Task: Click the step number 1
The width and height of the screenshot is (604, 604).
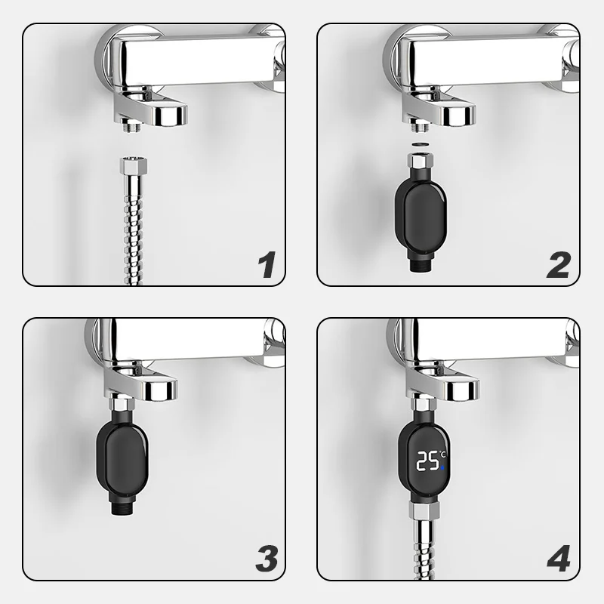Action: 267,264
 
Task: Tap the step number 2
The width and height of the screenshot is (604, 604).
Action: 559,265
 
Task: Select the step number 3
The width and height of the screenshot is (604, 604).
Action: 267,558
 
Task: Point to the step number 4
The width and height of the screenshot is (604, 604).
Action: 559,558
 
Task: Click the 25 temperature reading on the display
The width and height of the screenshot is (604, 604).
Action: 427,461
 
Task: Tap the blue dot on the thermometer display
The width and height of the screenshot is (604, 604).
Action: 442,467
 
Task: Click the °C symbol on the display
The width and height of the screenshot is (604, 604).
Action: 442,455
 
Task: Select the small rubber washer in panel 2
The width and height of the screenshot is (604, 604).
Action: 420,144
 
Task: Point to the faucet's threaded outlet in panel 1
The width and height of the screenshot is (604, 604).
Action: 131,126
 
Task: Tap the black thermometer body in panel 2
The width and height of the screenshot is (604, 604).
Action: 421,215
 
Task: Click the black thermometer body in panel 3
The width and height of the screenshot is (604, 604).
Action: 122,461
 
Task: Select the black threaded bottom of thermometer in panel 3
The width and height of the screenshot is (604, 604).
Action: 122,508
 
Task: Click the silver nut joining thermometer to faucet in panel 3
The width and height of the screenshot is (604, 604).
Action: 122,405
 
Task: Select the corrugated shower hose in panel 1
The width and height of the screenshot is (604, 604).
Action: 133,230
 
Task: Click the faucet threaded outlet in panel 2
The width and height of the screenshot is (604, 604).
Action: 420,126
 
